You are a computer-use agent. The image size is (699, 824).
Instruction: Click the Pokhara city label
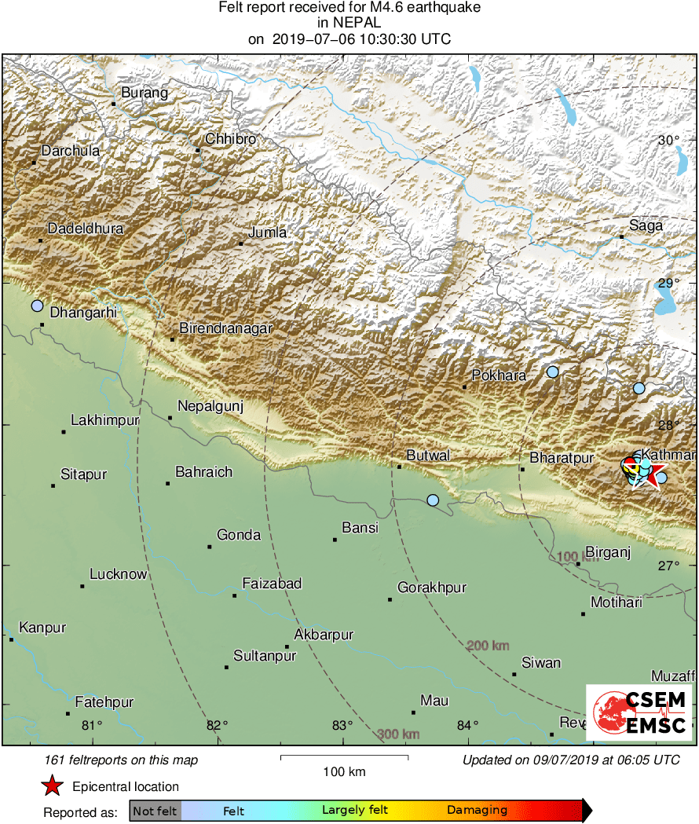click(x=499, y=375)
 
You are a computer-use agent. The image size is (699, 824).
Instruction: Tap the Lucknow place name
click(x=118, y=574)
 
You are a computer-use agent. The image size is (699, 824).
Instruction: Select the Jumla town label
click(x=267, y=233)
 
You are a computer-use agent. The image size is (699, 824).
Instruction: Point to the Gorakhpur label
click(x=432, y=588)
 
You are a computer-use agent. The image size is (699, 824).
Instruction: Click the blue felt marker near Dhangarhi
click(x=37, y=306)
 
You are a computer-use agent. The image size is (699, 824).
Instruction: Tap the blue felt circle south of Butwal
click(x=433, y=500)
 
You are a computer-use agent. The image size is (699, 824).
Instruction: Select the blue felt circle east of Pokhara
click(x=553, y=372)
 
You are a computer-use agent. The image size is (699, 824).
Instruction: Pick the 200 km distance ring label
click(x=488, y=646)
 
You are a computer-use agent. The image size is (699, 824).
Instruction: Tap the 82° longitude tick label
click(x=217, y=725)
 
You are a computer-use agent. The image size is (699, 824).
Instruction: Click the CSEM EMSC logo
click(x=639, y=712)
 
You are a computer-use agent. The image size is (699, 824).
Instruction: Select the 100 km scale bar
click(x=344, y=757)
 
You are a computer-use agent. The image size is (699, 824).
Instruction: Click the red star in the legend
click(x=52, y=786)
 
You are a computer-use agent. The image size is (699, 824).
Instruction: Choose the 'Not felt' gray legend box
click(x=155, y=810)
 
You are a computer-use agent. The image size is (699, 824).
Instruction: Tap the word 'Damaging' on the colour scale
click(x=477, y=810)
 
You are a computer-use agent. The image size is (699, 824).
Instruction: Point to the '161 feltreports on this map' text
click(x=122, y=760)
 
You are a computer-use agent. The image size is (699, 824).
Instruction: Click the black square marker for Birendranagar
click(x=172, y=339)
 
